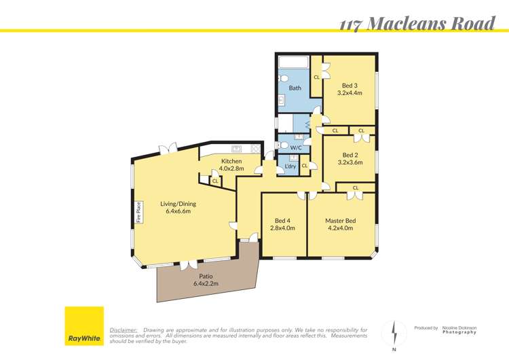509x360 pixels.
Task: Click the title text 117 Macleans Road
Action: click(x=417, y=24)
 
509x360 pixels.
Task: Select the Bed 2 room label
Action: click(x=351, y=158)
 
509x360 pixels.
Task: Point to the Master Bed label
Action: click(x=340, y=224)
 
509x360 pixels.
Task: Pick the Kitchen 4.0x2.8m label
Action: click(x=231, y=164)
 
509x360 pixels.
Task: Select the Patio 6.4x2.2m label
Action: click(x=206, y=280)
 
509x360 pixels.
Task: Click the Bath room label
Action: click(x=295, y=88)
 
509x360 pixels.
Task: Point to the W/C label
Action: click(x=296, y=147)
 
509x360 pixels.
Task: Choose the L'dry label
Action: click(x=290, y=166)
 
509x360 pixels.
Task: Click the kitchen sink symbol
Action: click(x=236, y=149)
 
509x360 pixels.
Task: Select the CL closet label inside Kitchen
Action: click(x=215, y=181)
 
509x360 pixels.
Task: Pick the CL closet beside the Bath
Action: click(x=316, y=77)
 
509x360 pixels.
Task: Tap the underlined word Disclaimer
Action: click(x=124, y=329)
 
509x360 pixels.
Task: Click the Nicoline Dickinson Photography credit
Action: click(x=459, y=329)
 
